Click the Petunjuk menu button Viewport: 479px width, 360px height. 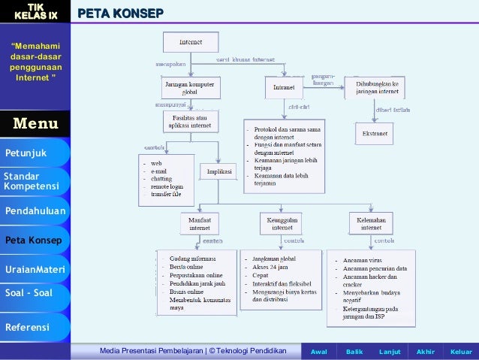click(x=34, y=153)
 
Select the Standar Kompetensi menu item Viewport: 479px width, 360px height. click(x=34, y=180)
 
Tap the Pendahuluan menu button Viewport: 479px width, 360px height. click(x=35, y=211)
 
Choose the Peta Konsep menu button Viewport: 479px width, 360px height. click(x=34, y=241)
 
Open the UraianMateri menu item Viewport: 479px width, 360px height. click(x=35, y=269)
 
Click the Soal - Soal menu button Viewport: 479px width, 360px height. click(x=34, y=293)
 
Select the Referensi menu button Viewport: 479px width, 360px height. click(x=34, y=327)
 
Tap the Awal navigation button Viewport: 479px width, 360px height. click(x=319, y=352)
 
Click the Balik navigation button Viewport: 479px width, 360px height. click(x=354, y=352)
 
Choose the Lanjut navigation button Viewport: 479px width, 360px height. click(x=390, y=352)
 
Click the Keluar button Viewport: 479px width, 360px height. click(x=460, y=352)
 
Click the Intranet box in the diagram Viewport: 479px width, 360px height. click(x=283, y=88)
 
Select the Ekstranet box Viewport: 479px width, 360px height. click(x=373, y=134)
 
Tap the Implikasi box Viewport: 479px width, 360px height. click(x=214, y=171)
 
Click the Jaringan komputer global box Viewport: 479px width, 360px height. click(x=190, y=87)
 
